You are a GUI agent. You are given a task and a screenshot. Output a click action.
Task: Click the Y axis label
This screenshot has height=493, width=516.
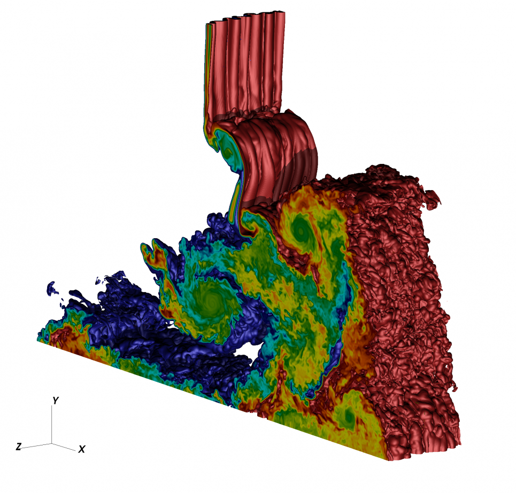coord(55,400)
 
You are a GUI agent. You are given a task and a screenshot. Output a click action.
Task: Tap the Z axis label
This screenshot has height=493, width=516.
coord(18,447)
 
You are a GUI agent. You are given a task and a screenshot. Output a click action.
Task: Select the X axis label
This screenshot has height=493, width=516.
coord(82,450)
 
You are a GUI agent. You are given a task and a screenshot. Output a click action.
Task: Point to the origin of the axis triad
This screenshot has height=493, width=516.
coord(52,443)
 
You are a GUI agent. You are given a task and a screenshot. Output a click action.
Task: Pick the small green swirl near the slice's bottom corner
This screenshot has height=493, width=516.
coord(349,416)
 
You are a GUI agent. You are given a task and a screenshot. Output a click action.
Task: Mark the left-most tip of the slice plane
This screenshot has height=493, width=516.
coord(37,340)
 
